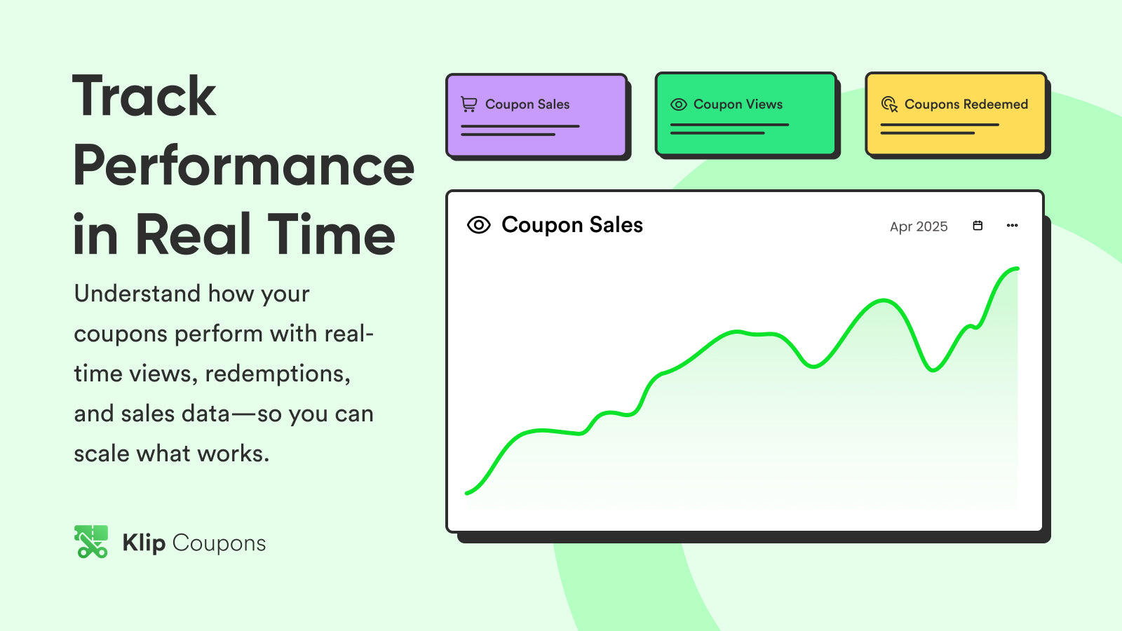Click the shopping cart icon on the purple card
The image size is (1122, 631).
point(469,104)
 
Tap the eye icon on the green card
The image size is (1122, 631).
point(679,104)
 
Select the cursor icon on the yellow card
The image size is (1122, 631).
point(889,104)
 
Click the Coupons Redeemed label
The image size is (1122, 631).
point(966,104)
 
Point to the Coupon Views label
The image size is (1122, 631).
point(738,104)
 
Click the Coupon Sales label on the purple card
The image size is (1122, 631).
point(527,104)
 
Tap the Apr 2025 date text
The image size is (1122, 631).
point(919,226)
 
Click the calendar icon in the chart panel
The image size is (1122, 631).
point(978,225)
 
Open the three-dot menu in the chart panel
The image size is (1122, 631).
point(1013,225)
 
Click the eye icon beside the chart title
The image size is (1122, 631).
point(479,225)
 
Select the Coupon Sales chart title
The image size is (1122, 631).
point(572,225)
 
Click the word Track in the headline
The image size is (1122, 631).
point(144,95)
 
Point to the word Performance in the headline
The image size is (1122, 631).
point(244,165)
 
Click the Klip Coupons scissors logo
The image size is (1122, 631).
point(91,541)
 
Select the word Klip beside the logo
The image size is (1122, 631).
point(144,543)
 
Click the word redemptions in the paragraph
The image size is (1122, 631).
point(278,374)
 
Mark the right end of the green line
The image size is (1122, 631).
point(1018,269)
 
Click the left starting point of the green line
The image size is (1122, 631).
point(467,494)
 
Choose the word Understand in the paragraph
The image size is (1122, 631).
point(137,294)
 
